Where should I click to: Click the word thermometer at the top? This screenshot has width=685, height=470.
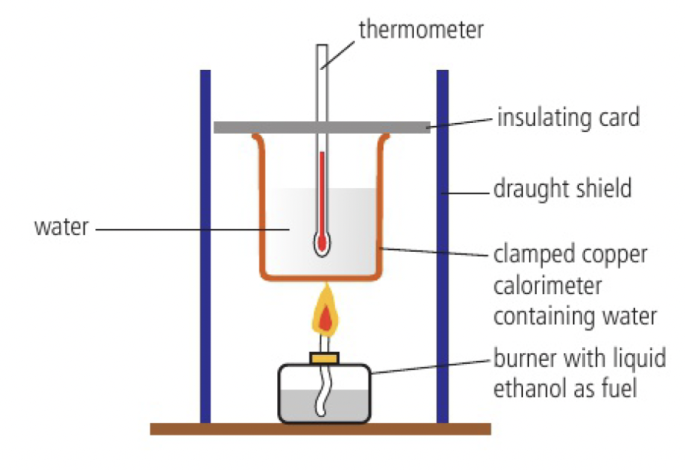[x=421, y=29]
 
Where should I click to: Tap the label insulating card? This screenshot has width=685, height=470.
[x=568, y=118]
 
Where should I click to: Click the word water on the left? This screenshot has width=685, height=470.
[x=61, y=227]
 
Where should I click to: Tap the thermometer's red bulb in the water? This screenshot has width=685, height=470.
[x=322, y=242]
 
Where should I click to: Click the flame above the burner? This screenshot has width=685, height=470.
[x=326, y=315]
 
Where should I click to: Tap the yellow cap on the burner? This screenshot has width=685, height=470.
[x=324, y=357]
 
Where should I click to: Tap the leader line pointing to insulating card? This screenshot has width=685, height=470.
[x=461, y=123]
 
